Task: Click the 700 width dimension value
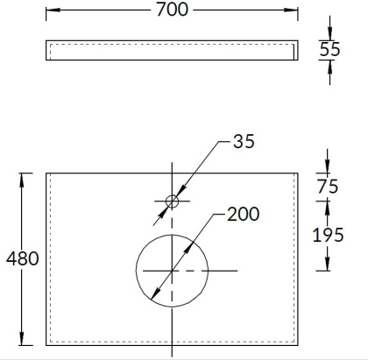point(172,11)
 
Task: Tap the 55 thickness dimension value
point(329,50)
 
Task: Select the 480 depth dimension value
point(21,260)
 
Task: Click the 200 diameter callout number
point(244,215)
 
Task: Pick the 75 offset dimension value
point(329,185)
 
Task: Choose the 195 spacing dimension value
point(329,234)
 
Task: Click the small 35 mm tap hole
point(172,201)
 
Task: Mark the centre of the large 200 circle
point(172,271)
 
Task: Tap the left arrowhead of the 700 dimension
point(49,11)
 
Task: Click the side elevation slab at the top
point(172,51)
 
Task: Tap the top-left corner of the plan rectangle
point(46,173)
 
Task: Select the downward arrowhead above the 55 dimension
point(329,35)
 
